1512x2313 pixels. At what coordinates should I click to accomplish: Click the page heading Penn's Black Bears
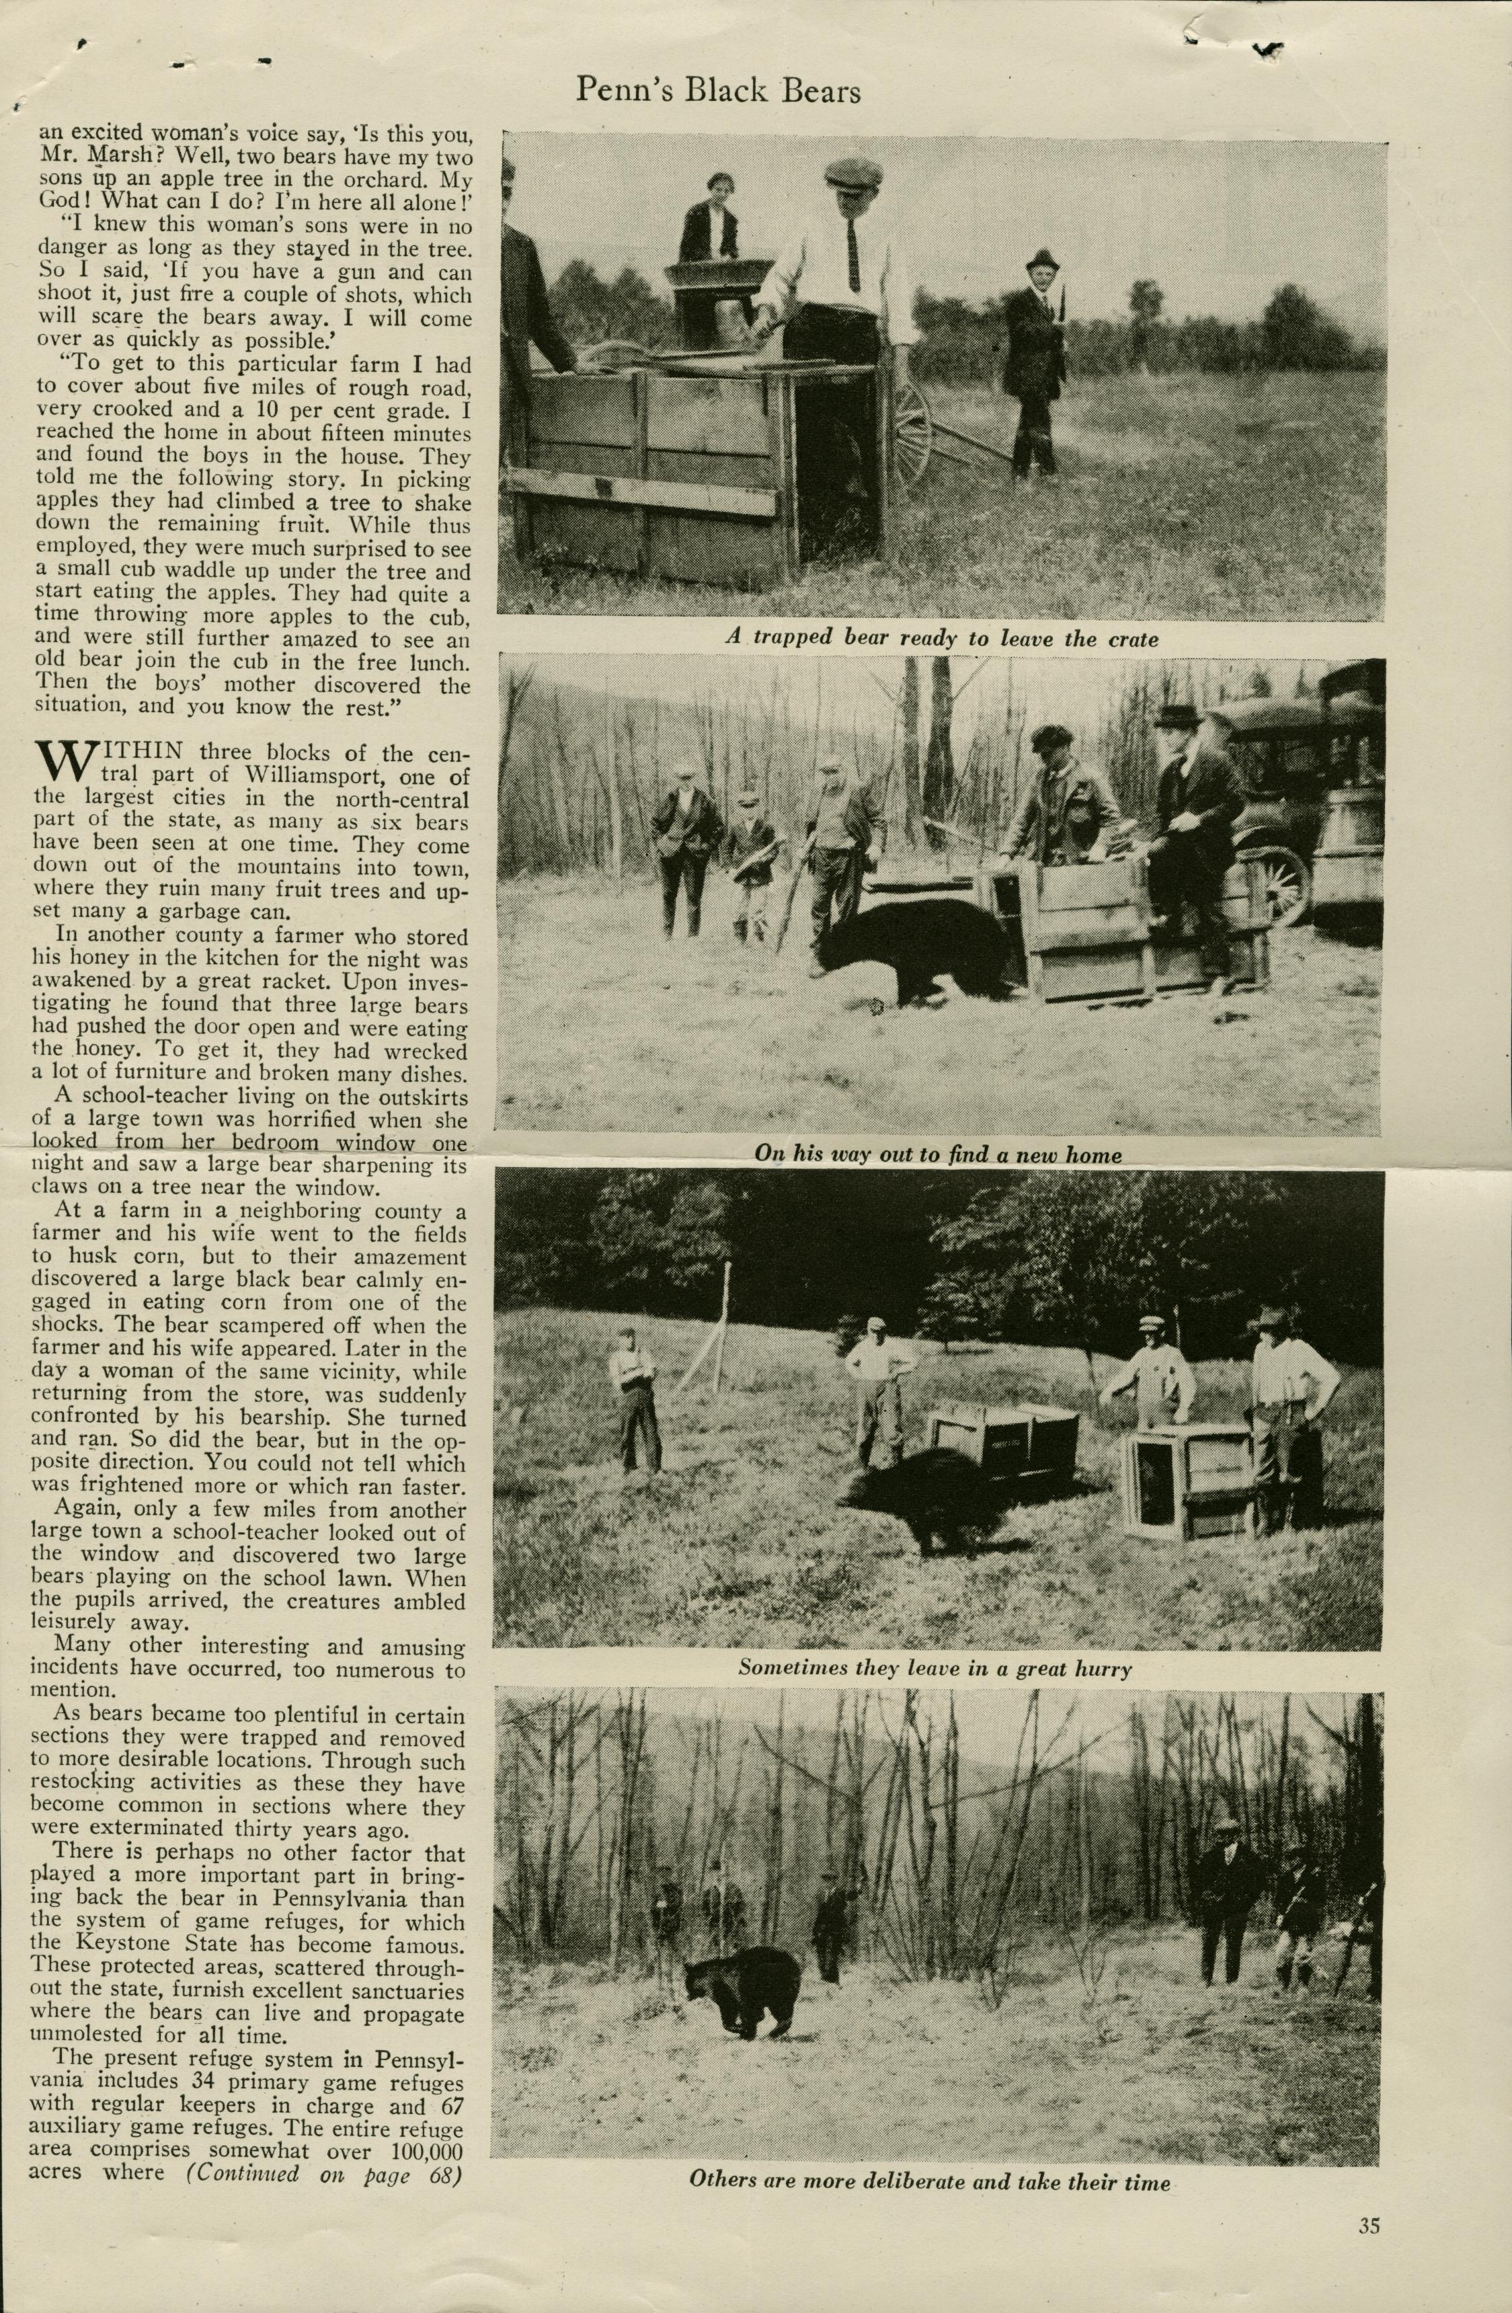[718, 91]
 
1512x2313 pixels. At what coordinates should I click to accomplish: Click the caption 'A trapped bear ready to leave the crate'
[942, 639]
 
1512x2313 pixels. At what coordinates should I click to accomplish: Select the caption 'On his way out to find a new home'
[938, 1154]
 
